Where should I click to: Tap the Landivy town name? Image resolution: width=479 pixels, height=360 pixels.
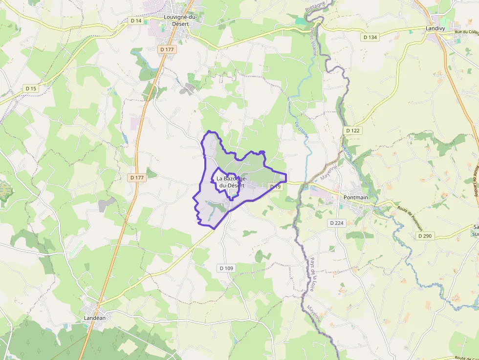point(435,29)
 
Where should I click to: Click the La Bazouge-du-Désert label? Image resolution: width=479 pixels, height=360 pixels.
point(232,182)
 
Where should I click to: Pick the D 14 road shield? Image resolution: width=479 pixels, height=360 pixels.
point(136,21)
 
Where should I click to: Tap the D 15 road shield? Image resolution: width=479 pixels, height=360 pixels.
point(31,88)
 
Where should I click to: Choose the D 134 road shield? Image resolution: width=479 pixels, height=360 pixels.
point(370,37)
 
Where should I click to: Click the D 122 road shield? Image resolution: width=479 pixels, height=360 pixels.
point(352,130)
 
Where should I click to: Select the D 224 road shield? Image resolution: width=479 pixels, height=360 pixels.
point(337,223)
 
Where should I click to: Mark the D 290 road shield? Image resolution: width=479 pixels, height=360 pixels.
point(425,236)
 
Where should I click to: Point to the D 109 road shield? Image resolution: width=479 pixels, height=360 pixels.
point(226,268)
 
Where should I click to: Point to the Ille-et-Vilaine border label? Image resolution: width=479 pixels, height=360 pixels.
point(312,41)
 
